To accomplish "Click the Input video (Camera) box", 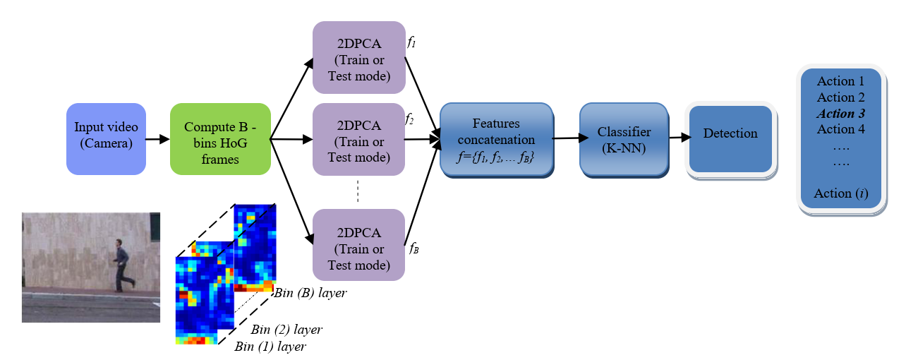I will click(106, 138).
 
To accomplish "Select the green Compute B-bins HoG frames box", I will click(220, 138).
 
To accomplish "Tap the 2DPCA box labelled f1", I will click(358, 56).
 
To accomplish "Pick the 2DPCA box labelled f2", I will click(358, 140).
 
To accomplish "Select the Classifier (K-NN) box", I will click(623, 139).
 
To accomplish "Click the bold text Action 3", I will click(840, 114).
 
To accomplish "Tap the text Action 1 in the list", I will click(840, 81).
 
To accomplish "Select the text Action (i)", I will click(840, 193).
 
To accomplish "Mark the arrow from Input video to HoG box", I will click(157, 139).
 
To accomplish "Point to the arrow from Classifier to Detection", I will click(678, 138).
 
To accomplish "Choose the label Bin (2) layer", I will click(286, 330).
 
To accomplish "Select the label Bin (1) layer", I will click(271, 347).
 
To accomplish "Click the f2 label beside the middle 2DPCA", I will click(409, 119).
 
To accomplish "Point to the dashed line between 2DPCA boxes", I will click(358, 191).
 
